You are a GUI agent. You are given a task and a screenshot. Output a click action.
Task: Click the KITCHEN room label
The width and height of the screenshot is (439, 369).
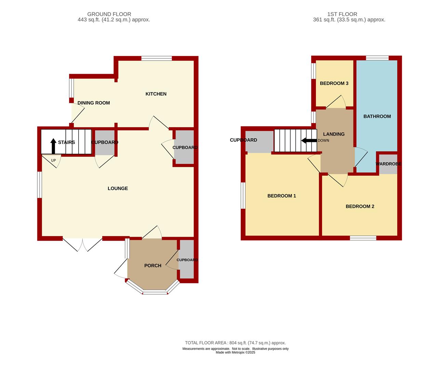(156, 94)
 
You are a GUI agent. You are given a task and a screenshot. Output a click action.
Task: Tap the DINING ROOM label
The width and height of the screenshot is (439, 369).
(94, 103)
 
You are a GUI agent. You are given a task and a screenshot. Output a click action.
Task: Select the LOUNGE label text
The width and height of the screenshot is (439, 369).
(118, 189)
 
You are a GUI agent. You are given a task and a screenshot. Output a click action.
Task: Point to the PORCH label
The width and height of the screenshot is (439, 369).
(152, 265)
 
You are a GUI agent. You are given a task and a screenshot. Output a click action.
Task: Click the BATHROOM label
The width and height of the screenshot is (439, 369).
(377, 117)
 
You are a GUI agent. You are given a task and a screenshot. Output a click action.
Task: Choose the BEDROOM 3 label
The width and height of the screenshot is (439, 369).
(334, 83)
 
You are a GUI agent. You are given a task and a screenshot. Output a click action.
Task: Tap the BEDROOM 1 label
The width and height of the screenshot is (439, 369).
(281, 196)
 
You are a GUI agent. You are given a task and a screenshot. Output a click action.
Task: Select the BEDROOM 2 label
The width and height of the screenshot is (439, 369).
(360, 206)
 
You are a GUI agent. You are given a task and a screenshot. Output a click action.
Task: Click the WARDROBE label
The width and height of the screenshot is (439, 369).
(388, 164)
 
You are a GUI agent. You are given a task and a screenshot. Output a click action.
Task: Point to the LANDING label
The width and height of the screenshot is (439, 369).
(334, 134)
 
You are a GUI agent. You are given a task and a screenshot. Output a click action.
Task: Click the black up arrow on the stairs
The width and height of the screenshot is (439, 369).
(53, 146)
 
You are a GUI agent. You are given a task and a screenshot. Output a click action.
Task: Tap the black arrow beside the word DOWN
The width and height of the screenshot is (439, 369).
(309, 140)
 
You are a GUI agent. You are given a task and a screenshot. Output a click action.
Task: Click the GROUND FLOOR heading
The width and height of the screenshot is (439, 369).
(109, 14)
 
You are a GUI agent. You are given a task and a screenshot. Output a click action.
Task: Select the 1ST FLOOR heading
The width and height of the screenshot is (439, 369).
(342, 14)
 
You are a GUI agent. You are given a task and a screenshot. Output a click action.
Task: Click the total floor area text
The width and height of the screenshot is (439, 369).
(235, 343)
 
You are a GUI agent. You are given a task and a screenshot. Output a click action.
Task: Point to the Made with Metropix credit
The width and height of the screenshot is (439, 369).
(235, 352)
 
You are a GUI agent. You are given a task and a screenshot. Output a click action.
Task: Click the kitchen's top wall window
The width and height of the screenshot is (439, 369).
(157, 58)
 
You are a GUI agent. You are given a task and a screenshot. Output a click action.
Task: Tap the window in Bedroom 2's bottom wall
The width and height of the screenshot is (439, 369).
(363, 238)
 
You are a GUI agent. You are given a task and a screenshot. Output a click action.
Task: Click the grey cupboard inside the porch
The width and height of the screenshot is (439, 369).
(187, 259)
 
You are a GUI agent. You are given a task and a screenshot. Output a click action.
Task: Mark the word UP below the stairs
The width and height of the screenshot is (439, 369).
(53, 161)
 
